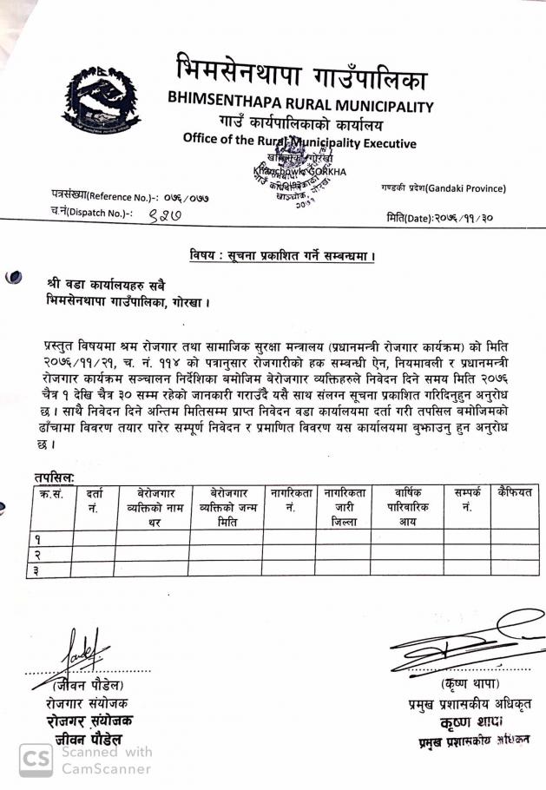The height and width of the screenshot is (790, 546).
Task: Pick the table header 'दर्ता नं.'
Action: click(94, 501)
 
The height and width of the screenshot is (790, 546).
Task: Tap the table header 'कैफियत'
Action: click(513, 493)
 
